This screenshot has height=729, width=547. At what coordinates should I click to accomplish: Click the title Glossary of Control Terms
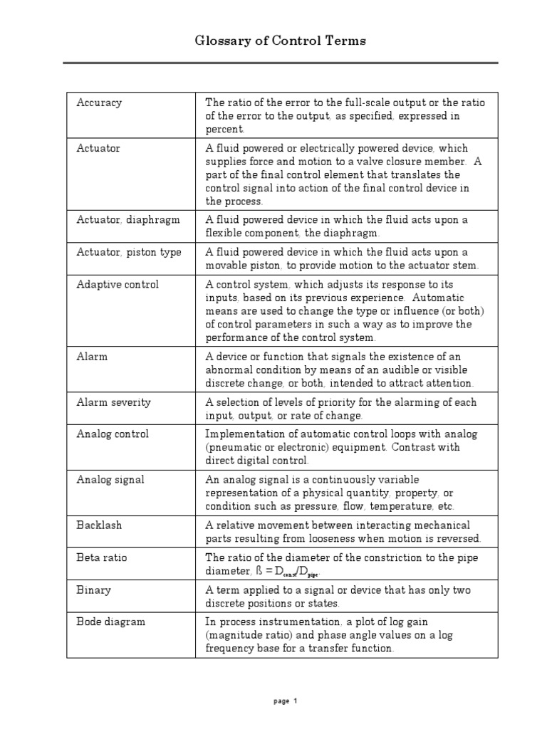click(281, 41)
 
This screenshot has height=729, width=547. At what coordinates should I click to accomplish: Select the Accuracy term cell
click(99, 103)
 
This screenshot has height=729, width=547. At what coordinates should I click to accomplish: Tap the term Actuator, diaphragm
click(118, 220)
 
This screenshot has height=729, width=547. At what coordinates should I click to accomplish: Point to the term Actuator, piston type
click(129, 252)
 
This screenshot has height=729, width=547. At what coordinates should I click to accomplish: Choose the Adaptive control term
click(118, 285)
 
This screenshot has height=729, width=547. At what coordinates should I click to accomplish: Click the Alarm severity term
click(114, 402)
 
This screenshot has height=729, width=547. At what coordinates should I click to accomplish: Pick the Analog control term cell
click(113, 434)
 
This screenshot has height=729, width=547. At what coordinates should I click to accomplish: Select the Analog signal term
click(110, 480)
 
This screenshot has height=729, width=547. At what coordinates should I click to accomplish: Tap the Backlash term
click(99, 525)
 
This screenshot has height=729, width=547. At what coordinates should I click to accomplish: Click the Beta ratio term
click(102, 557)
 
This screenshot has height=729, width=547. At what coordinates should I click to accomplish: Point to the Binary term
click(94, 590)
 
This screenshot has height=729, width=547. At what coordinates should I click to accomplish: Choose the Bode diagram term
click(111, 622)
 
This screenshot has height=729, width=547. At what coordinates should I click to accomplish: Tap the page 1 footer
click(285, 701)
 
